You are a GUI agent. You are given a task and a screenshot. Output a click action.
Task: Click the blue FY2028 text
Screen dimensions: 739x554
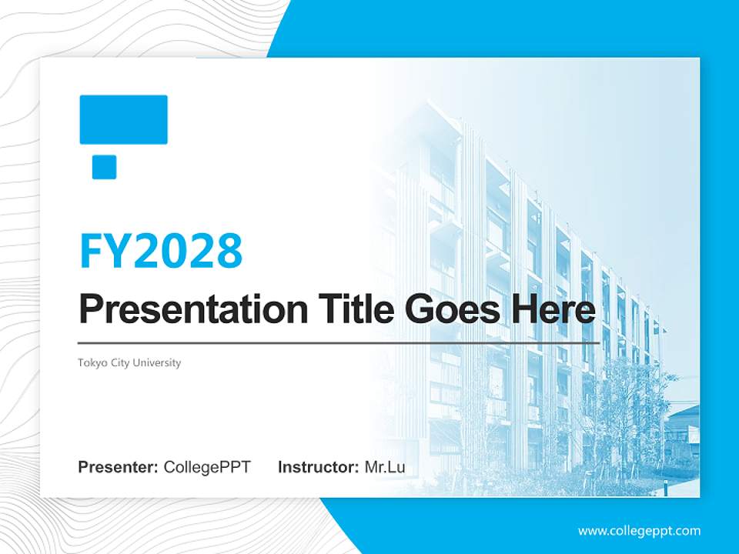point(161,251)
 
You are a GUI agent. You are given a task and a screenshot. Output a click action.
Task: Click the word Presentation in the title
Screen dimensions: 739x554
point(193,309)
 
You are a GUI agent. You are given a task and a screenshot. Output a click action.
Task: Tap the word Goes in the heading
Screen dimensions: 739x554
point(453,309)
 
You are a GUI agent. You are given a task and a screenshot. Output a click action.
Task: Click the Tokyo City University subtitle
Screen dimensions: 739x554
point(129,362)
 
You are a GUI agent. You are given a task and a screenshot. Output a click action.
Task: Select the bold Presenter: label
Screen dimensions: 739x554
point(118,467)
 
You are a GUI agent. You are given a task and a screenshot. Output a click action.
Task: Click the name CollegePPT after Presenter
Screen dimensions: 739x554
point(207,467)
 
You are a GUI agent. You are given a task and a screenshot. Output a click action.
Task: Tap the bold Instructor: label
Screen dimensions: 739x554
point(319,467)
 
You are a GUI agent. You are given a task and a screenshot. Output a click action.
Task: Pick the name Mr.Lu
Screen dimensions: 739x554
point(385,467)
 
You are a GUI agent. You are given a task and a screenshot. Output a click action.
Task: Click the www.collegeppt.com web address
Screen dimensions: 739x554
point(639,532)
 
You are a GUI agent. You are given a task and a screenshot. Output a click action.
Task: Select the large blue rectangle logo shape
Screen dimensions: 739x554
point(123,120)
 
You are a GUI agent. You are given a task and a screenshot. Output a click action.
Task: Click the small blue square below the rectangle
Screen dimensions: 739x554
point(104,167)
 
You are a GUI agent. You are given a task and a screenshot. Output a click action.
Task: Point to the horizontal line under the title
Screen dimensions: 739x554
point(339,343)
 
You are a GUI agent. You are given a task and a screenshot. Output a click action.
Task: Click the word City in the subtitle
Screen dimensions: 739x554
point(120,362)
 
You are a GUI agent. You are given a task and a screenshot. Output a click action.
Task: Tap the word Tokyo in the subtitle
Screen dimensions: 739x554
point(93,362)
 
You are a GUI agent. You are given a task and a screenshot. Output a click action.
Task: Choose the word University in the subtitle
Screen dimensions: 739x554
point(156,362)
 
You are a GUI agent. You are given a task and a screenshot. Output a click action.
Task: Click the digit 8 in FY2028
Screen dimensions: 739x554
point(229,251)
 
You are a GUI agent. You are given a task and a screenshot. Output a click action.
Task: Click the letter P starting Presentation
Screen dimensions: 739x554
point(89,308)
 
